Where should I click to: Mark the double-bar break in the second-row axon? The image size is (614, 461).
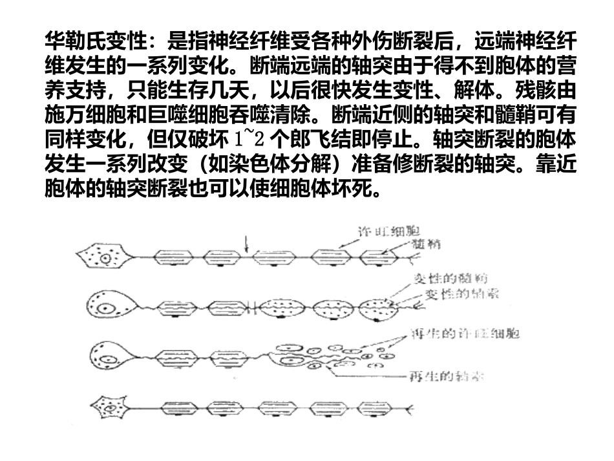(x=248, y=305)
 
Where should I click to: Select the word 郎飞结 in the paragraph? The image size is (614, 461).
(x=325, y=138)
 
